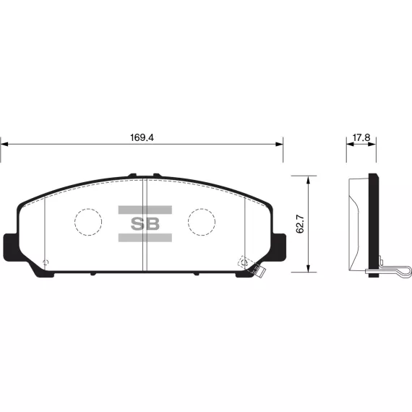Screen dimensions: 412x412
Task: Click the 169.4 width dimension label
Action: click(142, 137)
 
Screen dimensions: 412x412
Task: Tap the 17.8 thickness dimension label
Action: click(361, 137)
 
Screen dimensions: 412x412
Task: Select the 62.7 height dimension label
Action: click(300, 224)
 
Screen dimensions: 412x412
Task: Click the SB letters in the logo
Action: click(145, 224)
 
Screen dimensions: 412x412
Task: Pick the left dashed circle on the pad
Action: click(88, 222)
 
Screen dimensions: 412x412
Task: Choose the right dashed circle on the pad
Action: click(202, 222)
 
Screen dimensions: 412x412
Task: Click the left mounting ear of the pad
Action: click(11, 247)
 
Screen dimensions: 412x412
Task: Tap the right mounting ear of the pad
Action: click(279, 247)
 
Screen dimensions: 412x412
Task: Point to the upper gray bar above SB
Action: click(145, 210)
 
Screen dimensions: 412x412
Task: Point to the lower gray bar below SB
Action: click(145, 238)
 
